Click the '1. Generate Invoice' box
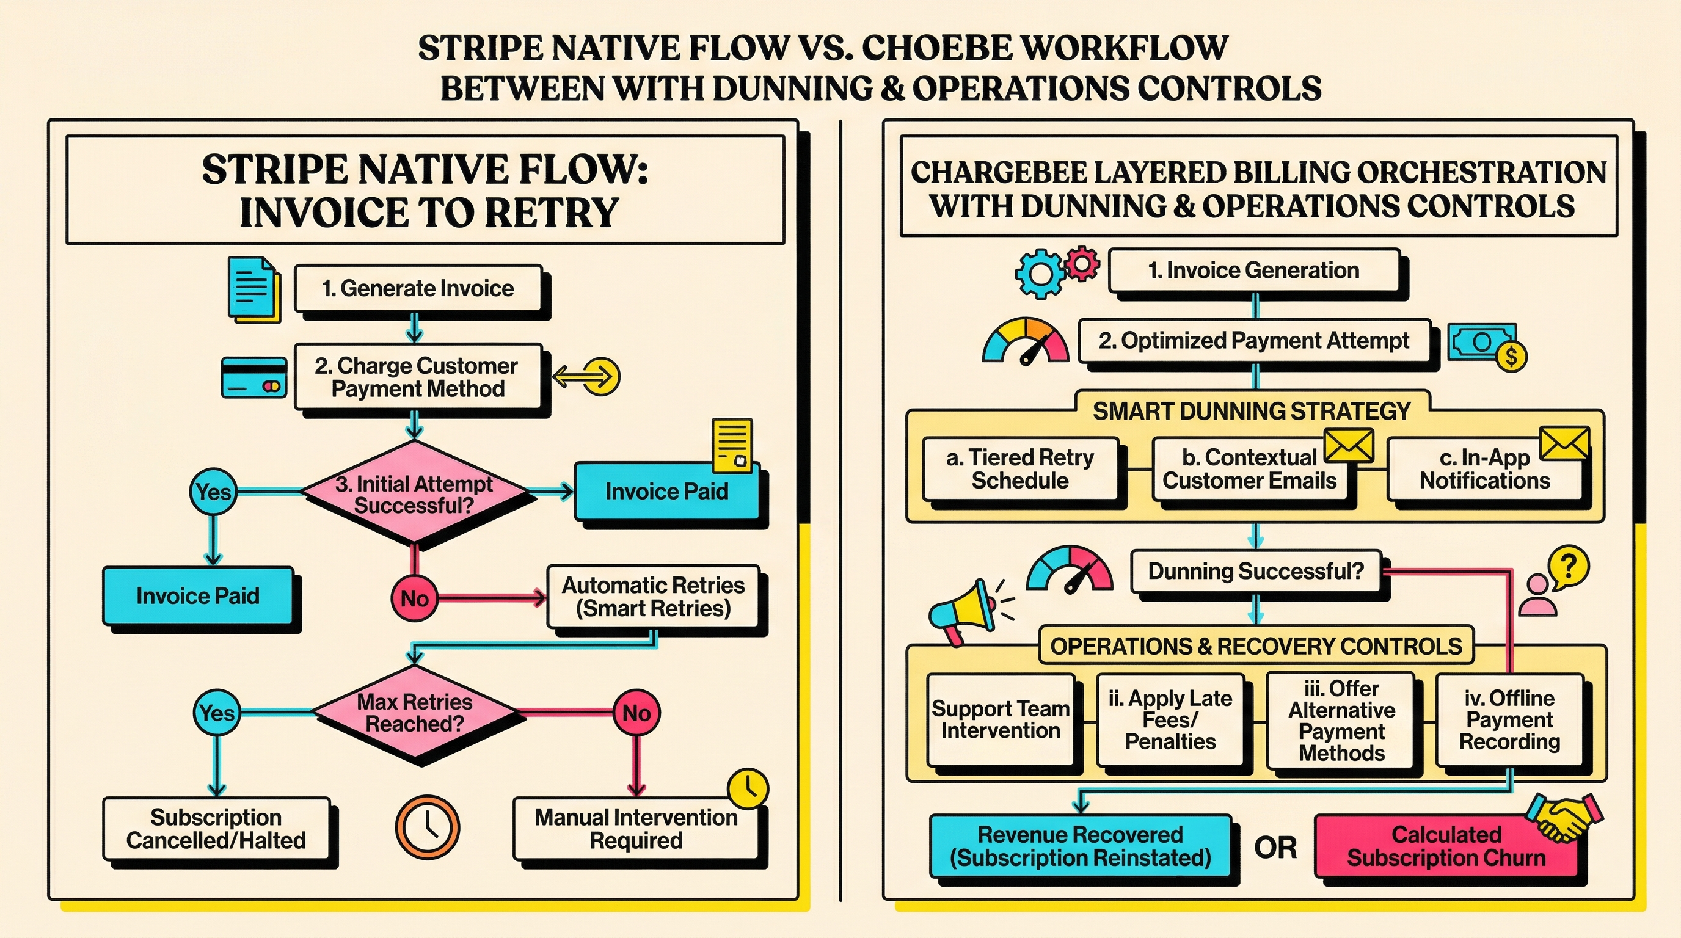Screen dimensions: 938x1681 418,288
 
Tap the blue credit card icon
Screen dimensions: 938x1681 254,377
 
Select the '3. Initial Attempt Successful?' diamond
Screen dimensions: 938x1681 414,493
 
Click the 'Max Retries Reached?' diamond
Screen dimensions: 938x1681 414,712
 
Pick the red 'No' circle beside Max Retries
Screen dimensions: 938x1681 636,713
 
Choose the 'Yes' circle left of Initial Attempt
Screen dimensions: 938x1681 213,491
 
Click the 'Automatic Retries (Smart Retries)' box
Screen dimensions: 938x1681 652,596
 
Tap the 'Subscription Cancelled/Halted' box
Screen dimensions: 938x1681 216,829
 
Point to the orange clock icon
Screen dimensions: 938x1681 428,827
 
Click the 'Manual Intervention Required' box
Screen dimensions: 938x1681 636,829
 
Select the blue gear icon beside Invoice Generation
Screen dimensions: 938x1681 1040,274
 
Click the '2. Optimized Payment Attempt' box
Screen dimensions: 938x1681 1253,341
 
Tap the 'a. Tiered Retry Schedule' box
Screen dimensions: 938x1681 1020,468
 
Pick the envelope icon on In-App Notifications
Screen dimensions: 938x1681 1564,443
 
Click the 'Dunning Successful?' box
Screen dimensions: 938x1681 1255,571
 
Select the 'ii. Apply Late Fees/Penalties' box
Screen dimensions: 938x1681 1170,719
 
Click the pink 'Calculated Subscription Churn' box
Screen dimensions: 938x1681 1445,846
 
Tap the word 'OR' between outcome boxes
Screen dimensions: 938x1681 1274,848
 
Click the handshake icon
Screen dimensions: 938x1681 1564,816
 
